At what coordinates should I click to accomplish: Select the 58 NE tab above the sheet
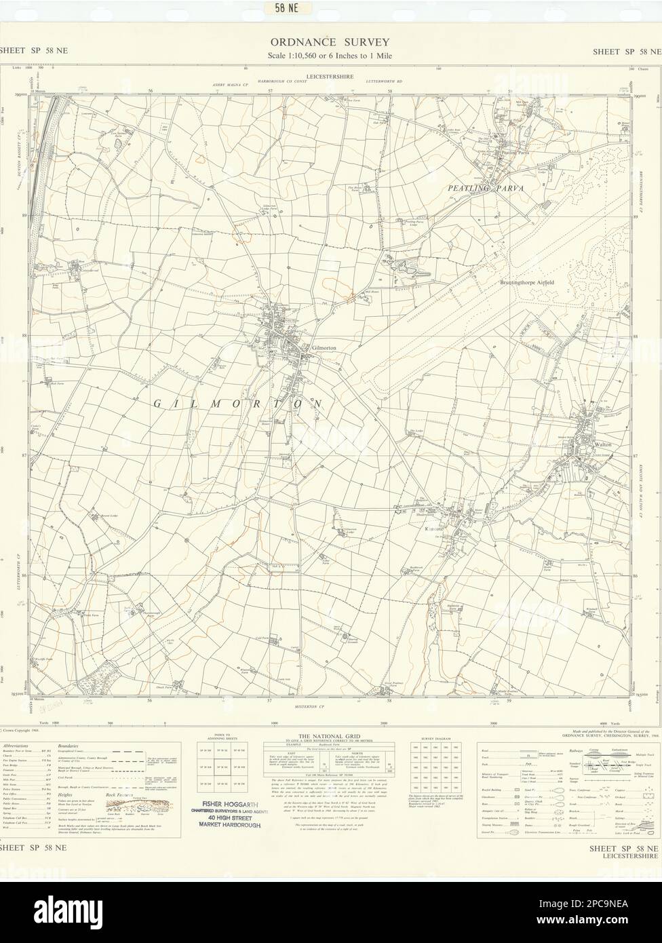pyautogui.click(x=284, y=8)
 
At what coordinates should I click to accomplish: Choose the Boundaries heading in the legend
pyautogui.click(x=71, y=746)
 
